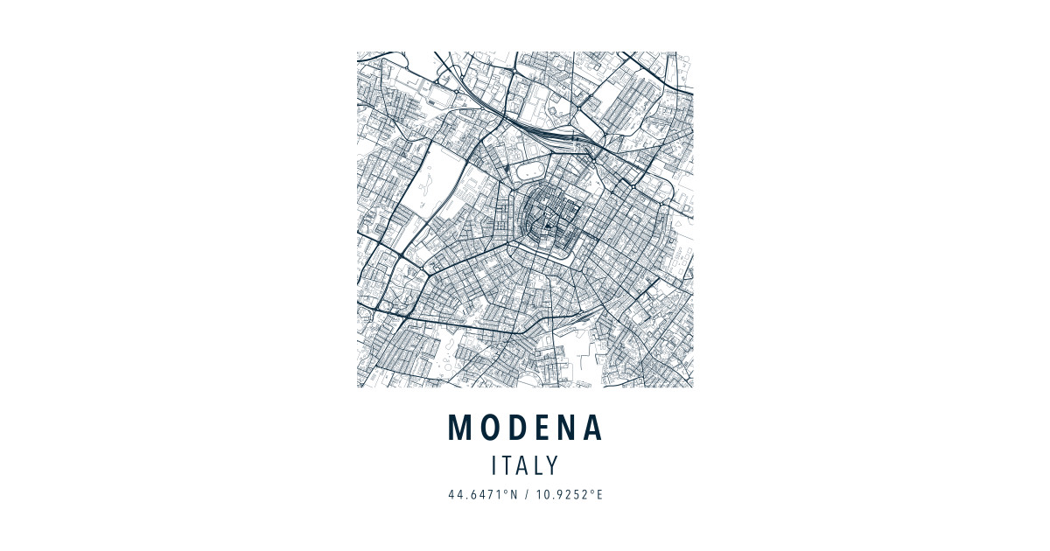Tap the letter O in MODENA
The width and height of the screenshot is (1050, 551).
click(490, 428)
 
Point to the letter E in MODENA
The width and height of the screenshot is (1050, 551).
click(542, 428)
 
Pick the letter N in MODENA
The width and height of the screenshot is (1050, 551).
click(566, 428)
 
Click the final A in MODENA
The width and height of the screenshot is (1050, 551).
click(593, 428)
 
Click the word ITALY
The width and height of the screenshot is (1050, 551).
click(525, 465)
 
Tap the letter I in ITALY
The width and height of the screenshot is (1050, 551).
click(495, 465)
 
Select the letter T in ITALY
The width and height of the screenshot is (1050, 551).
click(507, 465)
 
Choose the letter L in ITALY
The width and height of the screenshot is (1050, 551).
click(537, 465)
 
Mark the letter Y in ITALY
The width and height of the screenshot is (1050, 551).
click(552, 465)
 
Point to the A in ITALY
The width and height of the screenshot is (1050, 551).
click(522, 465)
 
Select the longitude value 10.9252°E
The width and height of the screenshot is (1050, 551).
click(570, 495)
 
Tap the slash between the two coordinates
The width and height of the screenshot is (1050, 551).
click(527, 495)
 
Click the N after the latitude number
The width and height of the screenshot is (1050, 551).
click(514, 495)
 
